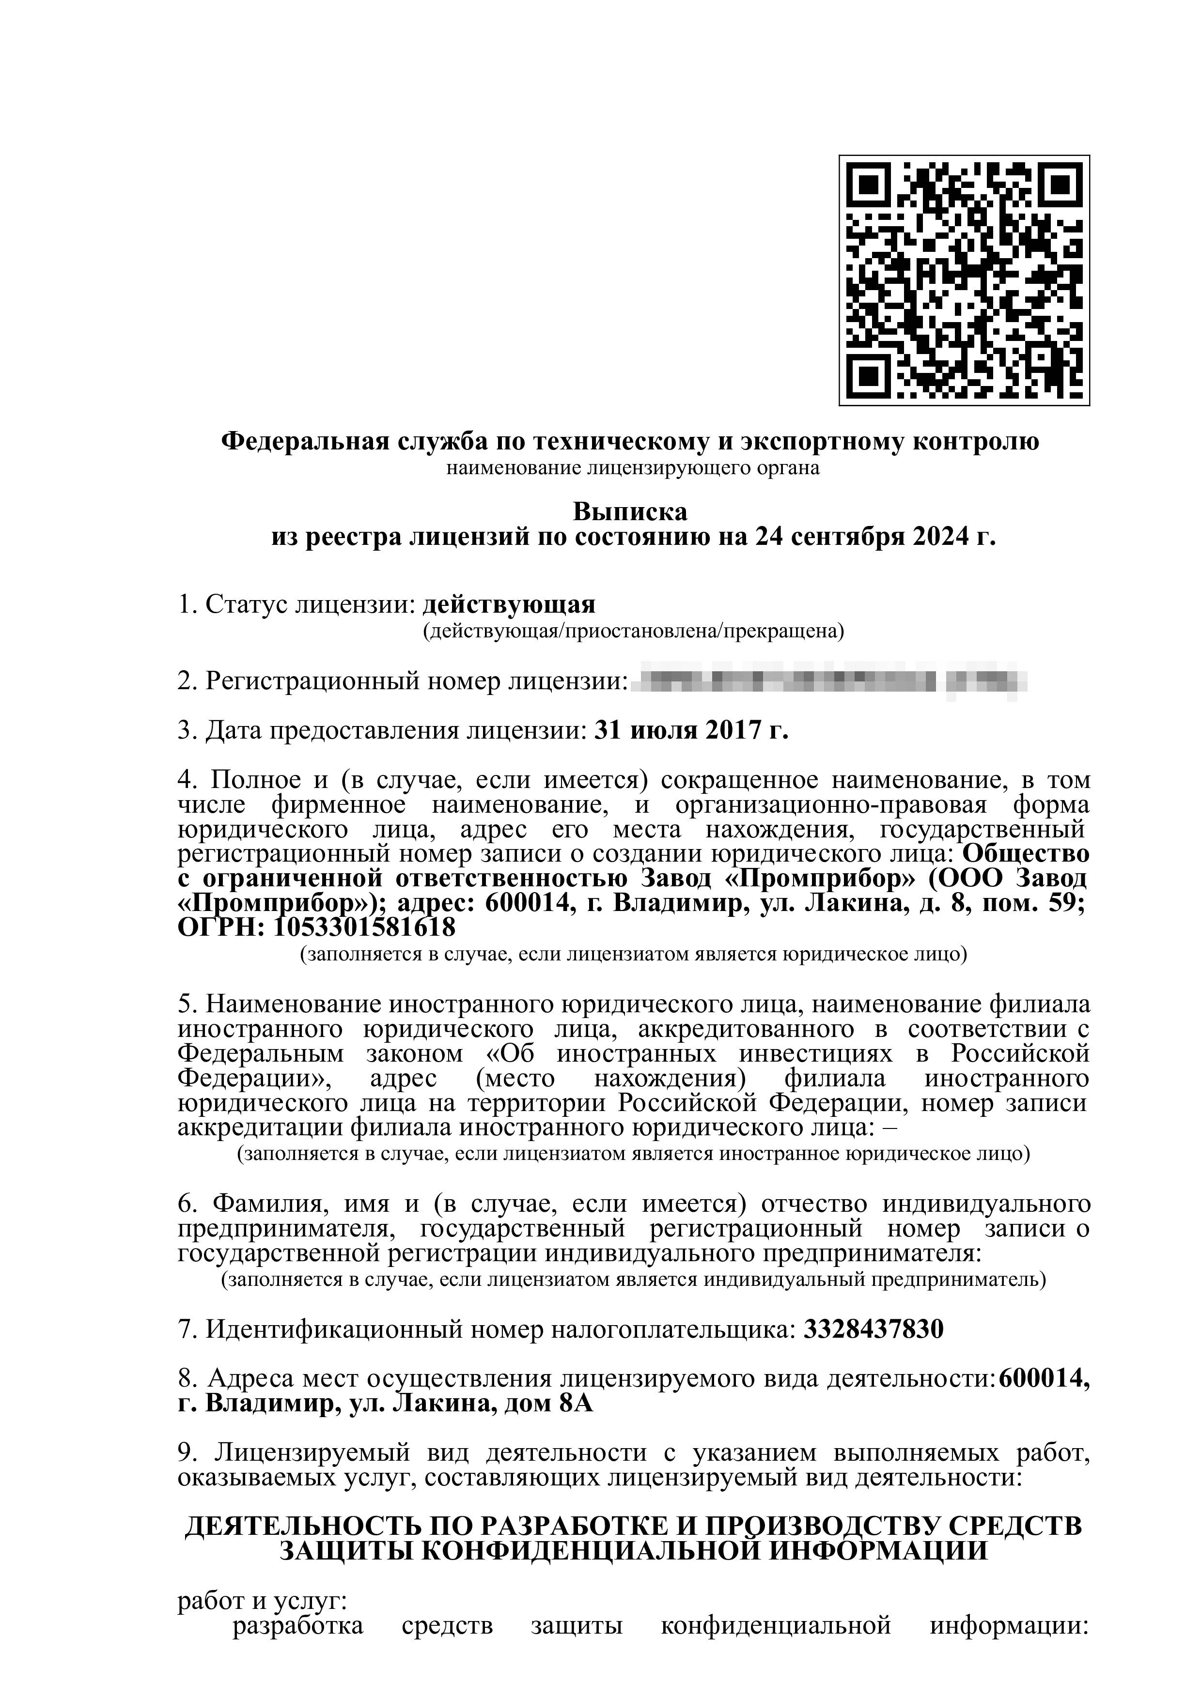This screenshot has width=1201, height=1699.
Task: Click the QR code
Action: click(x=964, y=280)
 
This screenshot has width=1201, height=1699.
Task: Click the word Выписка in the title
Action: click(x=630, y=511)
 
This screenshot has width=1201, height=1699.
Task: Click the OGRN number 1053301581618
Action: click(x=365, y=927)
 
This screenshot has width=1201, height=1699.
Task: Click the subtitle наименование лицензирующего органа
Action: click(x=633, y=468)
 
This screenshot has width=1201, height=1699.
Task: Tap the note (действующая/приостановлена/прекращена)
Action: click(x=633, y=631)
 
